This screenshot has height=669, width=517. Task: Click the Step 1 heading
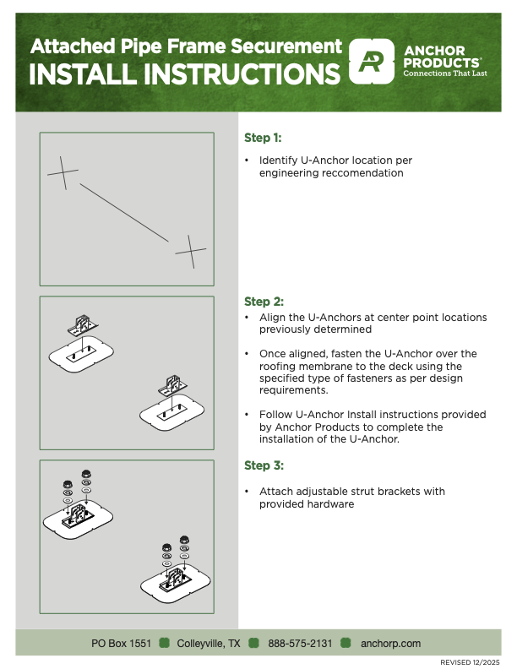tap(263, 138)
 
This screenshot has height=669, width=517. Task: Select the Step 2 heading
tap(263, 302)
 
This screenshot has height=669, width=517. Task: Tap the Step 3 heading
tap(263, 465)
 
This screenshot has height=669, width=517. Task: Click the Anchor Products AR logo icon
tap(373, 62)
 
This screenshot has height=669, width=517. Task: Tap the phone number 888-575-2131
tap(300, 644)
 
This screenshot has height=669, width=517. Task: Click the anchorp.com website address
tap(390, 644)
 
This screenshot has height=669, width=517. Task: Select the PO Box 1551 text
tap(122, 644)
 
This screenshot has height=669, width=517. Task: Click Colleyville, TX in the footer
tap(208, 644)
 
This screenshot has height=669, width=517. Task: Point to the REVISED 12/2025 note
tap(471, 662)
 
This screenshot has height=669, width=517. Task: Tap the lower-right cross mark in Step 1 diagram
tap(191, 251)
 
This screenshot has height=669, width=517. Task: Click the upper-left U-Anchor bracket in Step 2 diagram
tap(84, 324)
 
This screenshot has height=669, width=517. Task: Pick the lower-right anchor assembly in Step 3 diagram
tap(178, 578)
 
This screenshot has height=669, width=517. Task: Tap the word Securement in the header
tap(285, 46)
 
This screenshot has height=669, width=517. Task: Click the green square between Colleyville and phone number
tap(252, 644)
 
